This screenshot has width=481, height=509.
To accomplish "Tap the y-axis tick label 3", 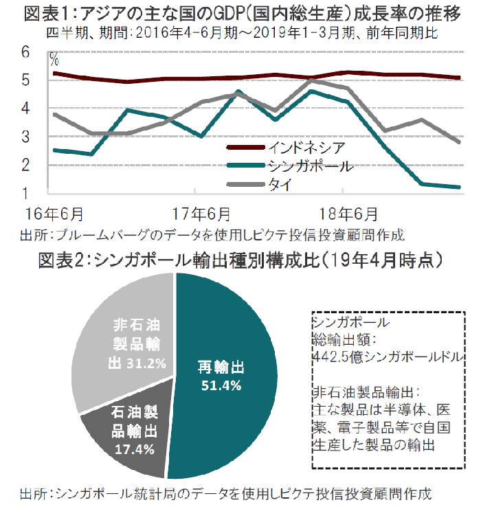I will [25, 136].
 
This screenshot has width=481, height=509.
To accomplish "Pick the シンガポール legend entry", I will [309, 166].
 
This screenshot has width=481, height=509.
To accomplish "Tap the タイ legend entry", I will [278, 183].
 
